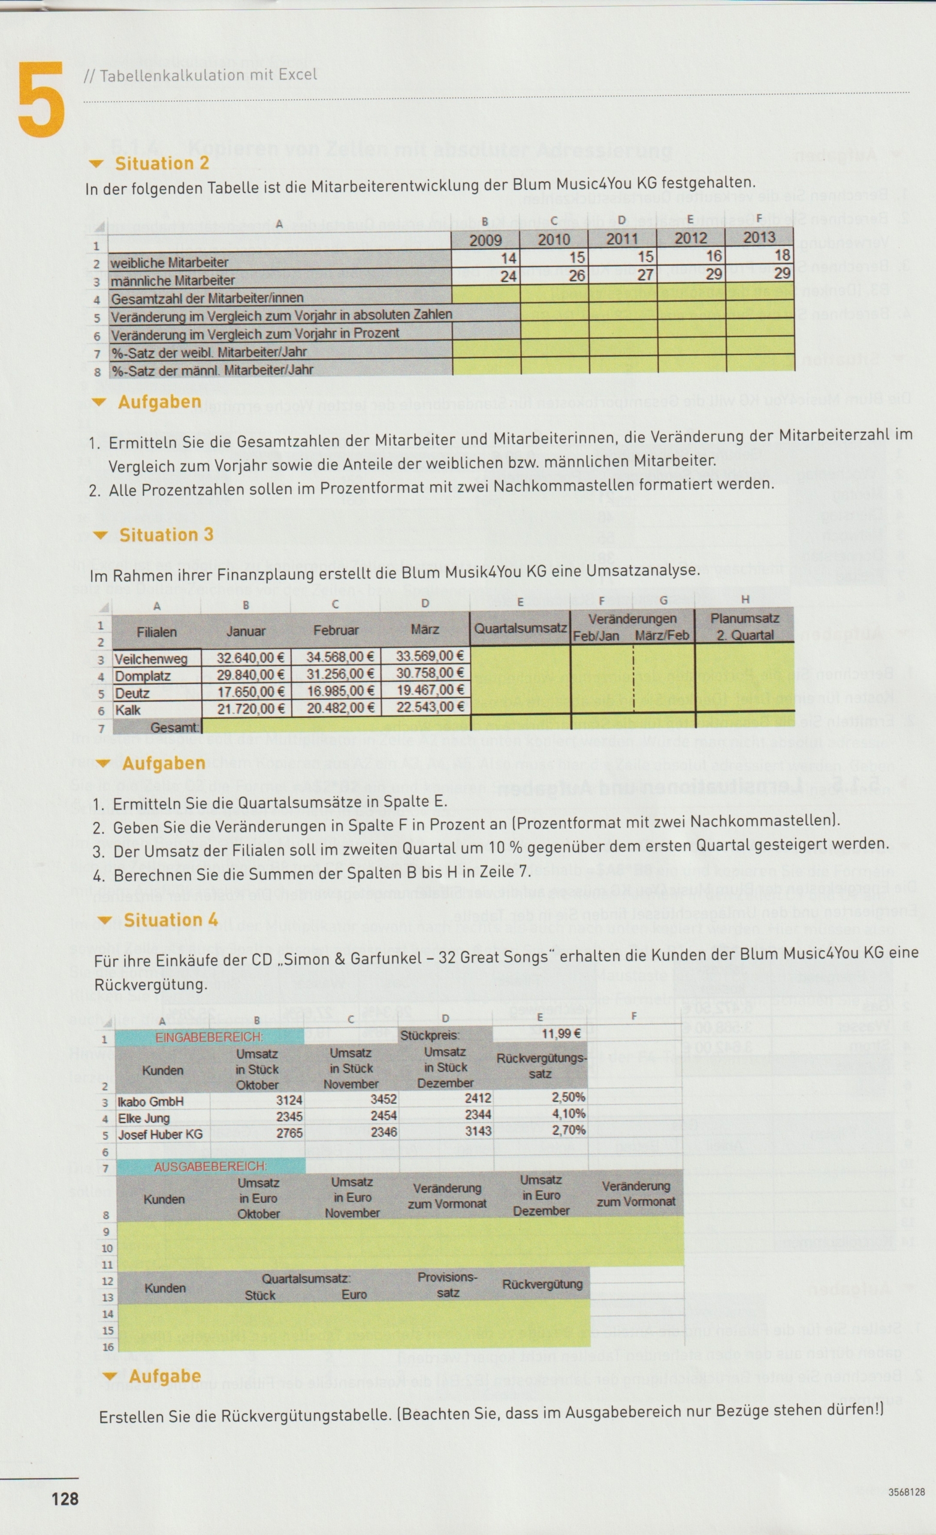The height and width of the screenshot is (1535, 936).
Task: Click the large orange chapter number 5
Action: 41,100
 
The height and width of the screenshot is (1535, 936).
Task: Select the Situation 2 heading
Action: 161,164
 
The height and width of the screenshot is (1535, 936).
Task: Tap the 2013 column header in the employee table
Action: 759,237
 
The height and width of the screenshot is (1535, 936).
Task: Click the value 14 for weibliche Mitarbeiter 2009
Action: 508,258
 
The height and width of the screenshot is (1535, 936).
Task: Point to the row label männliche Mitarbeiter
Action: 173,281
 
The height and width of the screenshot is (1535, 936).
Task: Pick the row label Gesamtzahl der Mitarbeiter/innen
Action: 207,299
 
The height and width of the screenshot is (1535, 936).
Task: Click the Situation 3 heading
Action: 165,535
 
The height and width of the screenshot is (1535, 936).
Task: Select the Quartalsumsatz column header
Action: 520,628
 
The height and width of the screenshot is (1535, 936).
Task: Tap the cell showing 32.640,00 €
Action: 250,657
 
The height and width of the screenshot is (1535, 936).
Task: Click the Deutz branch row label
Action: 132,693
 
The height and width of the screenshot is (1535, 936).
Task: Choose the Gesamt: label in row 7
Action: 175,727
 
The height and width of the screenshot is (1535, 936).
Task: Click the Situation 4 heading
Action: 170,920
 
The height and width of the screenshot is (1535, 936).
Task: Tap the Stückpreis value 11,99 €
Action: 561,1034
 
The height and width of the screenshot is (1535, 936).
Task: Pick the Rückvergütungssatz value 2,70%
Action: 568,1130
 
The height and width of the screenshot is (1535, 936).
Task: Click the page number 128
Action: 65,1498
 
